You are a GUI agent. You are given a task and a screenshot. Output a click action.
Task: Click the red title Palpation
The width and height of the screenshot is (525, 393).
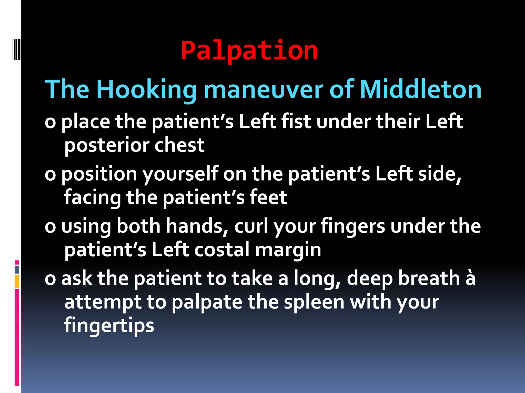pos(249,51)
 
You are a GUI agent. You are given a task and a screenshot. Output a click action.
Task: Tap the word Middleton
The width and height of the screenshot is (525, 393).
pos(421,90)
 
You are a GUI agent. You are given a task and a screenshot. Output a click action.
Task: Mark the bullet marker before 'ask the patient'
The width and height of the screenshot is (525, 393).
pos(50,279)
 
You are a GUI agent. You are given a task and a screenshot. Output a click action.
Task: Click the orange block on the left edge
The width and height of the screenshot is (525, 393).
pos(17,281)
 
